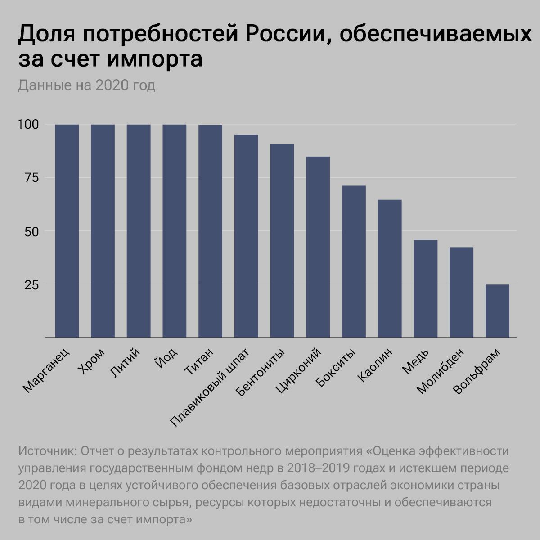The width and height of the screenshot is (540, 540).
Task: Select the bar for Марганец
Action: tap(67, 231)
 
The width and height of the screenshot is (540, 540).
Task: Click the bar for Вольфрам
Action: tap(497, 311)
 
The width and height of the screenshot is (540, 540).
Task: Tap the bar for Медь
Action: tap(425, 288)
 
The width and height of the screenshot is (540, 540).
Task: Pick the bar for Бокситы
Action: tap(354, 261)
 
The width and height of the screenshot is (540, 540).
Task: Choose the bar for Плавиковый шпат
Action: tap(246, 236)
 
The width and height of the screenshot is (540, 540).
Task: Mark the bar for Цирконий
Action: tap(318, 247)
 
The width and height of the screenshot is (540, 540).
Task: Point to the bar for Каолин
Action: tap(390, 269)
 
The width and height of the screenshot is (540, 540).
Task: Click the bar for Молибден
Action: tap(461, 292)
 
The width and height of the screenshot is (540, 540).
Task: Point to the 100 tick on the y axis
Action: tap(28, 124)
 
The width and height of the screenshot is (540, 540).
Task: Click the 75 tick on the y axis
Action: tap(31, 178)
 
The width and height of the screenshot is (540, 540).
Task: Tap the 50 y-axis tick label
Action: tap(31, 231)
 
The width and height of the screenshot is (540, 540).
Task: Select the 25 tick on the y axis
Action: tap(31, 285)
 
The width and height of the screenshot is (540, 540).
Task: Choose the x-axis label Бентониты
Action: tap(261, 373)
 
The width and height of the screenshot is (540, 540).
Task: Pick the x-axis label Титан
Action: tap(199, 361)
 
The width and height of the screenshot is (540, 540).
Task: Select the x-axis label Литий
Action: tap(125, 363)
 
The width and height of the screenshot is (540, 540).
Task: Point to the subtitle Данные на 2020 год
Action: tap(86, 85)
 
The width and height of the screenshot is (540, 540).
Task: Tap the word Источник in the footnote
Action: tap(47, 451)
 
